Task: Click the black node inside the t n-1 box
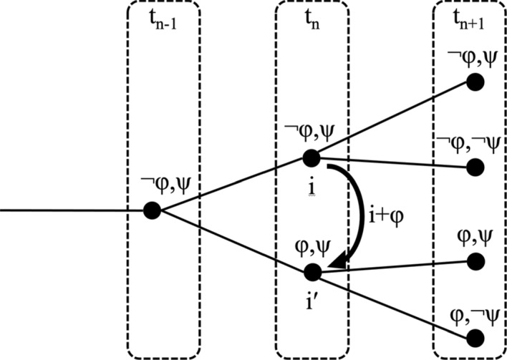pyautogui.click(x=151, y=210)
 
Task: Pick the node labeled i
pyautogui.click(x=311, y=157)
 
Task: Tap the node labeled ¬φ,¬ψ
pyautogui.click(x=473, y=168)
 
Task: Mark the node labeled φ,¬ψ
pyautogui.click(x=473, y=336)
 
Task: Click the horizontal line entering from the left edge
pyautogui.click(x=72, y=210)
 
